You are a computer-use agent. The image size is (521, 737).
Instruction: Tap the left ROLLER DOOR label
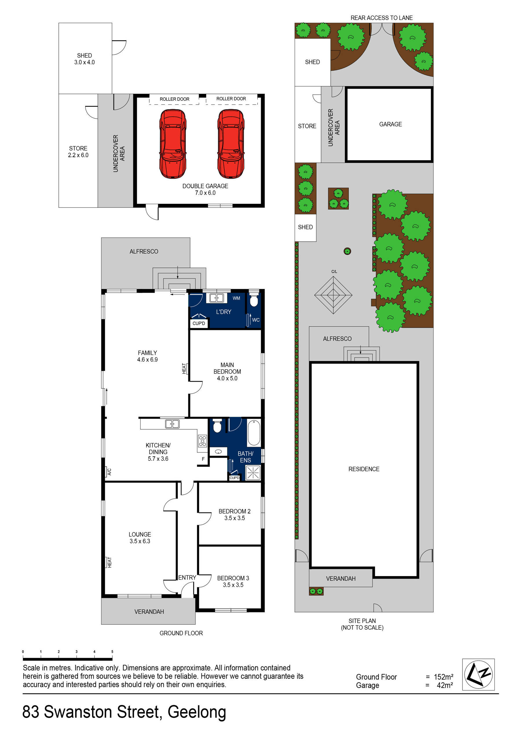174,99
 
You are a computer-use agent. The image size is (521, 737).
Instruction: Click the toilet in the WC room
254,300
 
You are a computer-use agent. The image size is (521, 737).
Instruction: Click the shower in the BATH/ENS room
253,473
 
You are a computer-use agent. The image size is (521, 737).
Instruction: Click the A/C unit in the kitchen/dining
109,472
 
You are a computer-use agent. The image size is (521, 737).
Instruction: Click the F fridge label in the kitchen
203,459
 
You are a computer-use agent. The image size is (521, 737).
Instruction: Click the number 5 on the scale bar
112,651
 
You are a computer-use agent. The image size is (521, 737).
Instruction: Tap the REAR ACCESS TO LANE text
381,18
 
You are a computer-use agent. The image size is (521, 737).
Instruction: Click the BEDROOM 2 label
234,511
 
